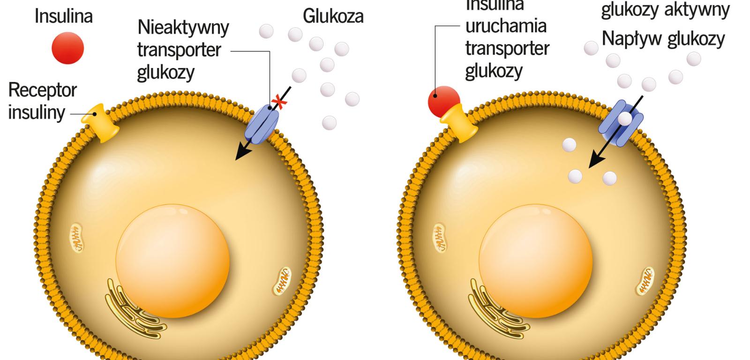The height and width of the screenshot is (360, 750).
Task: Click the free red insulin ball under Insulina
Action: coord(68,48)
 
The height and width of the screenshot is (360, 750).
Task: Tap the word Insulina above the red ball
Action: coord(64,16)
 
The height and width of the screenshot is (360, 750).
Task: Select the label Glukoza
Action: coord(333,16)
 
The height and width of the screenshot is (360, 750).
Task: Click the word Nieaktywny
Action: coord(183,28)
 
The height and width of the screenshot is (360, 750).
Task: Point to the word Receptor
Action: coord(43,90)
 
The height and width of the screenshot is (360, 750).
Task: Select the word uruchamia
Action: coord(506,26)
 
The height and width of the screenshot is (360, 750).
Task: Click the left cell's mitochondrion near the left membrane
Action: coord(77,237)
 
